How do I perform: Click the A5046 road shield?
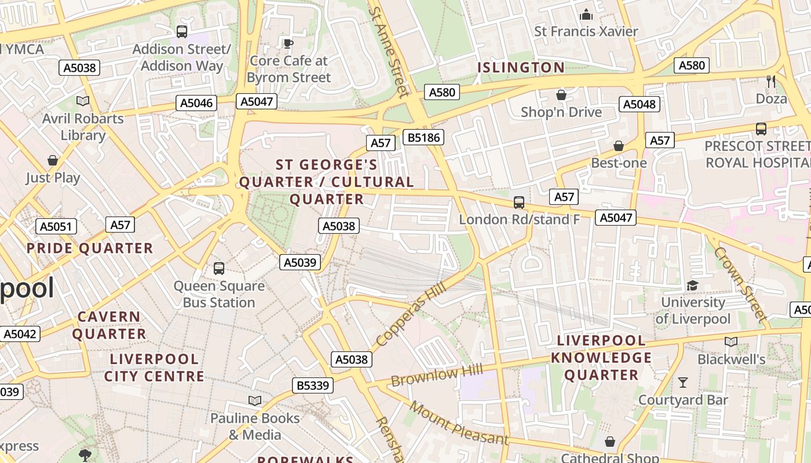[x=196, y=103]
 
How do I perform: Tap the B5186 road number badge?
[x=424, y=137]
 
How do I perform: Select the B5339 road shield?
[x=313, y=385]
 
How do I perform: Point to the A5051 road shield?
[x=56, y=226]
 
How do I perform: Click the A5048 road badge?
[x=640, y=104]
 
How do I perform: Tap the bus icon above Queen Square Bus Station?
[x=218, y=269]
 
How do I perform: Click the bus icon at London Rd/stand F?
[x=519, y=203]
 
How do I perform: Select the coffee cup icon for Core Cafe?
[x=288, y=43]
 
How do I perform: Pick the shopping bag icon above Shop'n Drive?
[x=561, y=95]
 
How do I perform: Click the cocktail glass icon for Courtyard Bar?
[x=683, y=382]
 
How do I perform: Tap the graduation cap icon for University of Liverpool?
[x=692, y=285]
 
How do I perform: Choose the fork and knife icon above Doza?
[x=771, y=82]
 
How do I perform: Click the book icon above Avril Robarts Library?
[x=83, y=101]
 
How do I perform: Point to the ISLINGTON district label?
[x=520, y=68]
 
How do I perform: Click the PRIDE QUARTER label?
[x=90, y=248]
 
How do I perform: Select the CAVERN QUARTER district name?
[x=109, y=325]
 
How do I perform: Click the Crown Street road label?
[x=739, y=284]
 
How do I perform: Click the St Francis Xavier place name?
[x=586, y=31]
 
